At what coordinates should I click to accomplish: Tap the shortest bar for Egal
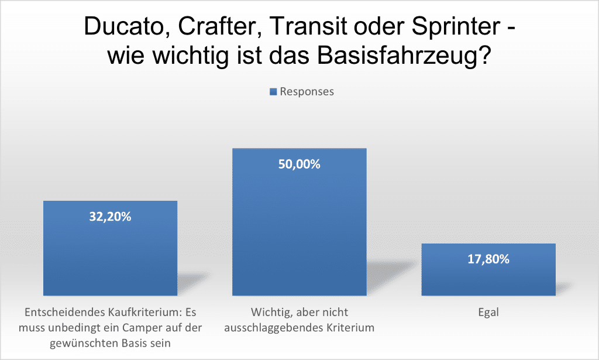pyautogui.click(x=488, y=275)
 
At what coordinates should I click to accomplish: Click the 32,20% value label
pyautogui.click(x=110, y=217)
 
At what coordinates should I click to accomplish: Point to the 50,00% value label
pyautogui.click(x=299, y=164)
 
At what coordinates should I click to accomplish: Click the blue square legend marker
pyautogui.click(x=273, y=91)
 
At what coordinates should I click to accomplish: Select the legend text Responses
pyautogui.click(x=307, y=91)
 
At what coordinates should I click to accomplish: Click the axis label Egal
pyautogui.click(x=488, y=312)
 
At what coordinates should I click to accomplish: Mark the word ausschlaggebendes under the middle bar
pyautogui.click(x=274, y=328)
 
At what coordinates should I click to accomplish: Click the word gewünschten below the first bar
pyautogui.click(x=81, y=343)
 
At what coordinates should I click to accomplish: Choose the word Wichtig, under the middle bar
pyautogui.click(x=271, y=312)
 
